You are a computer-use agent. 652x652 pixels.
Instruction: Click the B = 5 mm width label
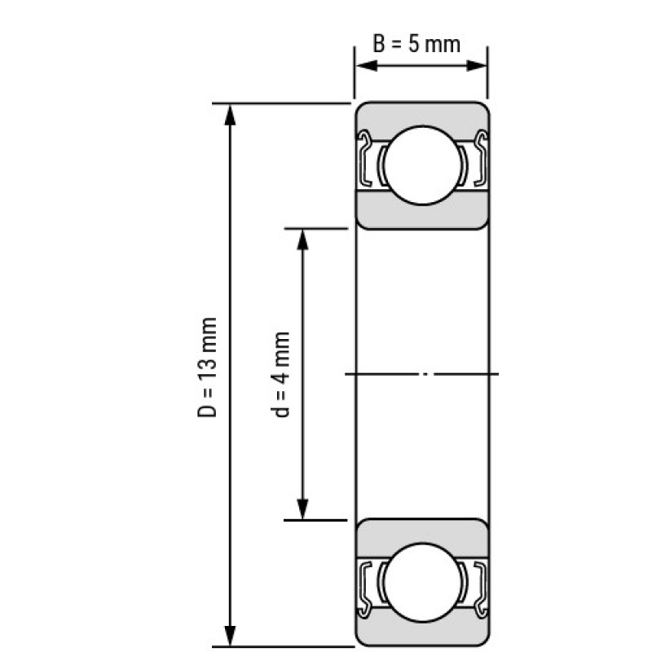pos(416,44)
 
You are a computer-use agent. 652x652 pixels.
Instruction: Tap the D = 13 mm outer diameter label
pos(207,368)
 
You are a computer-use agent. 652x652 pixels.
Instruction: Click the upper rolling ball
pos(422,165)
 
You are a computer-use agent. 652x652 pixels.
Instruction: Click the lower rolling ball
pos(422,582)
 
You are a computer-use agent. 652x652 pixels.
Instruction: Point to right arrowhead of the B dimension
pos(476,66)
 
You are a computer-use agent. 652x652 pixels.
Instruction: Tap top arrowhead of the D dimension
pos(230,115)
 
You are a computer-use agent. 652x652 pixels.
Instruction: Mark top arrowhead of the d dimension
pos(302,240)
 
